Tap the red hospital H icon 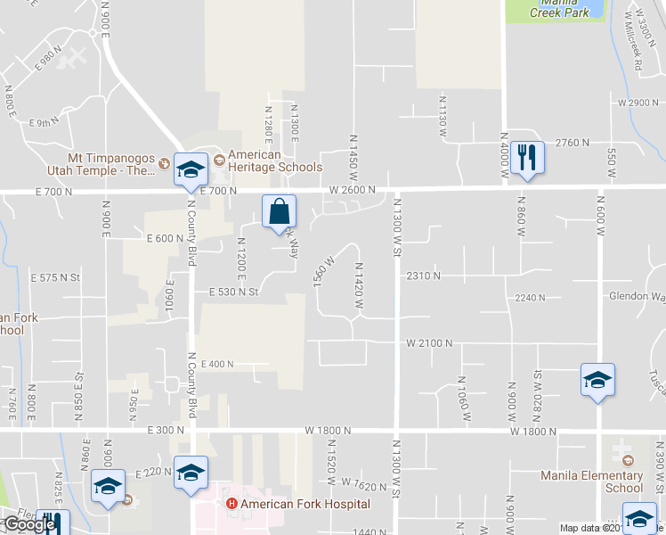[232, 504]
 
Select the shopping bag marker [279, 212]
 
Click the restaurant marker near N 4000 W [527, 158]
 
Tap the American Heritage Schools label [275, 160]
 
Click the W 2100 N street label [430, 342]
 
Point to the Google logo [29, 524]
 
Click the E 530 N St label [232, 292]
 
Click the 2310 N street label [423, 276]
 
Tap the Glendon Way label [638, 296]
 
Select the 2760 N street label [573, 143]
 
